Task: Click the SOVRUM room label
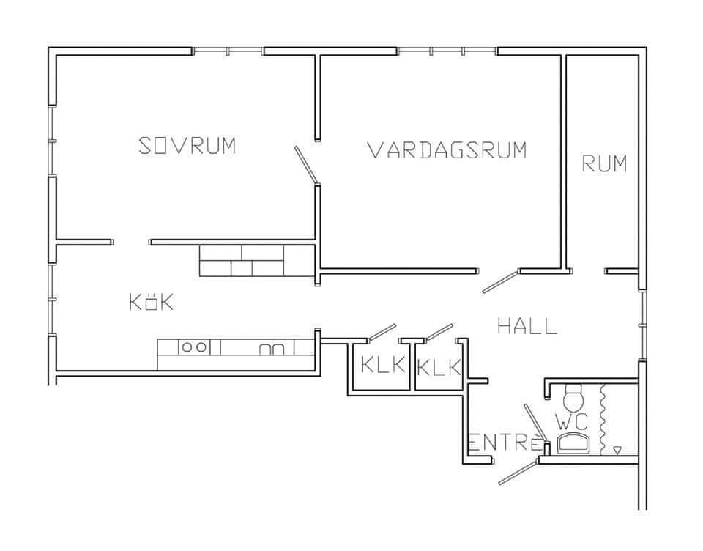click(187, 145)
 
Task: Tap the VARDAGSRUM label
click(447, 150)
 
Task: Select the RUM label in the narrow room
click(604, 163)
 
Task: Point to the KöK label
click(151, 302)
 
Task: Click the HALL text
click(527, 326)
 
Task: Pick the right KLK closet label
click(439, 367)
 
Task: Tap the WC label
click(572, 421)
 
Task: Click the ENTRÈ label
click(504, 443)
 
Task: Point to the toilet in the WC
click(573, 398)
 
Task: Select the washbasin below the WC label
click(572, 443)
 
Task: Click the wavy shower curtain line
click(603, 419)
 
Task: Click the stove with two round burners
click(195, 347)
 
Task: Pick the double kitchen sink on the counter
click(272, 349)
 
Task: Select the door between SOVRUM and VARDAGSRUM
click(306, 165)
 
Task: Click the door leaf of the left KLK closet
click(382, 333)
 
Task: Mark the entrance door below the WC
click(518, 472)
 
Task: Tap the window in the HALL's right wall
click(642, 325)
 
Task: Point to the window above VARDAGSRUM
click(447, 51)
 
